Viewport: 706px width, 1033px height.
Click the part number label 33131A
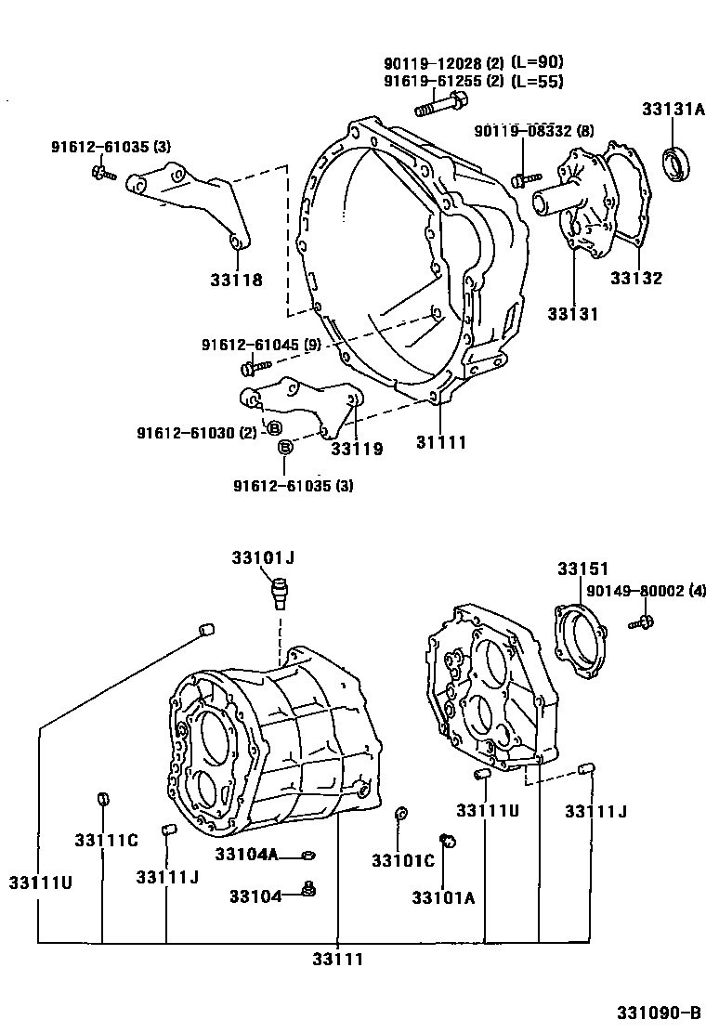pos(673,110)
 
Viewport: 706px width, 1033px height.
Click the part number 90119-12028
pos(431,63)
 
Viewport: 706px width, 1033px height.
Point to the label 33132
pos(635,278)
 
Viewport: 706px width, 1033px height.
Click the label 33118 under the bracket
pos(236,280)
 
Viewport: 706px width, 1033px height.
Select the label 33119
pos(357,449)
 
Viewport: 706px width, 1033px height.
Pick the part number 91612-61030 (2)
pos(196,433)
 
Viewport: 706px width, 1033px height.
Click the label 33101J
pos(263,557)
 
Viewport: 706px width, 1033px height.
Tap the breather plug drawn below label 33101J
pos(279,591)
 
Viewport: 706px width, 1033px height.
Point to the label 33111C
pos(107,840)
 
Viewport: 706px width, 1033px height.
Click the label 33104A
pos(247,854)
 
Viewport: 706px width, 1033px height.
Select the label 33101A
pos(444,896)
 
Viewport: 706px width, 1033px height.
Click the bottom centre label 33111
pos(337,960)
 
